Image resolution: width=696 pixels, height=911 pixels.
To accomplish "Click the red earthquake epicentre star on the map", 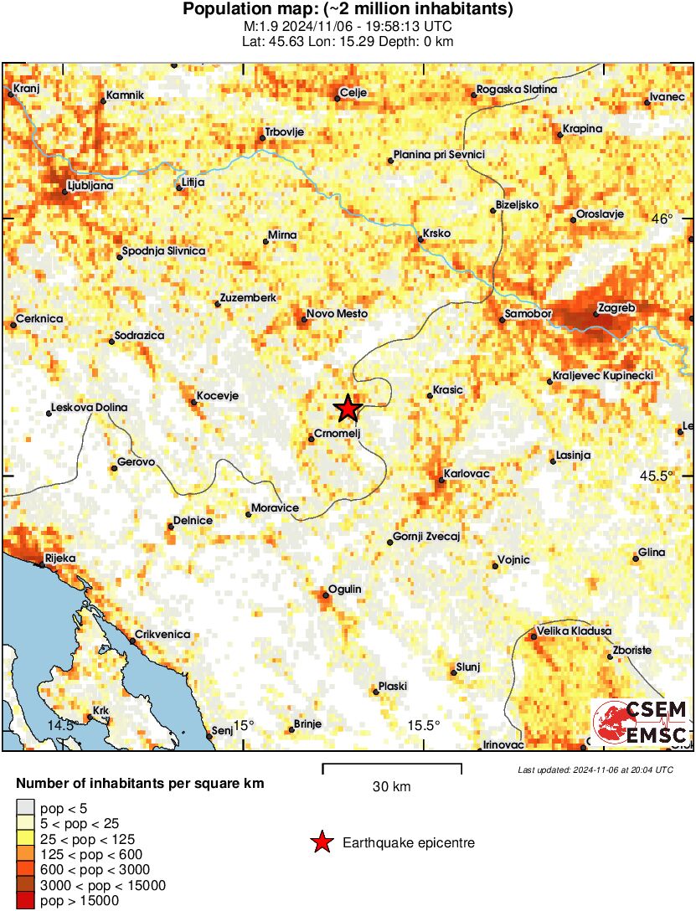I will tap(348, 409).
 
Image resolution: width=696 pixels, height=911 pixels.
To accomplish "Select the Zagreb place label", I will tap(618, 308).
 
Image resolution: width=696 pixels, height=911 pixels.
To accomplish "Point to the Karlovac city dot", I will tap(442, 481).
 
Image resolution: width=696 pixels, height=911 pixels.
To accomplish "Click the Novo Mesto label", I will tap(338, 314).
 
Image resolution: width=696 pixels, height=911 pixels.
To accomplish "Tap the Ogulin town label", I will tap(344, 589).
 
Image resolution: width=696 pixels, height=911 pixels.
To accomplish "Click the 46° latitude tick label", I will tap(662, 219).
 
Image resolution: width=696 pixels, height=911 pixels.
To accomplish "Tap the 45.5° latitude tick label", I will tap(657, 476).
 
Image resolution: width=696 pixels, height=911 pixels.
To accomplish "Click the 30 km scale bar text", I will tap(391, 787).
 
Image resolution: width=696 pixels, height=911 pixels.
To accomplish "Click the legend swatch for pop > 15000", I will tap(25, 901).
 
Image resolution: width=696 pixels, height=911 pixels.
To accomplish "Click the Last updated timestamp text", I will tap(595, 769).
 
